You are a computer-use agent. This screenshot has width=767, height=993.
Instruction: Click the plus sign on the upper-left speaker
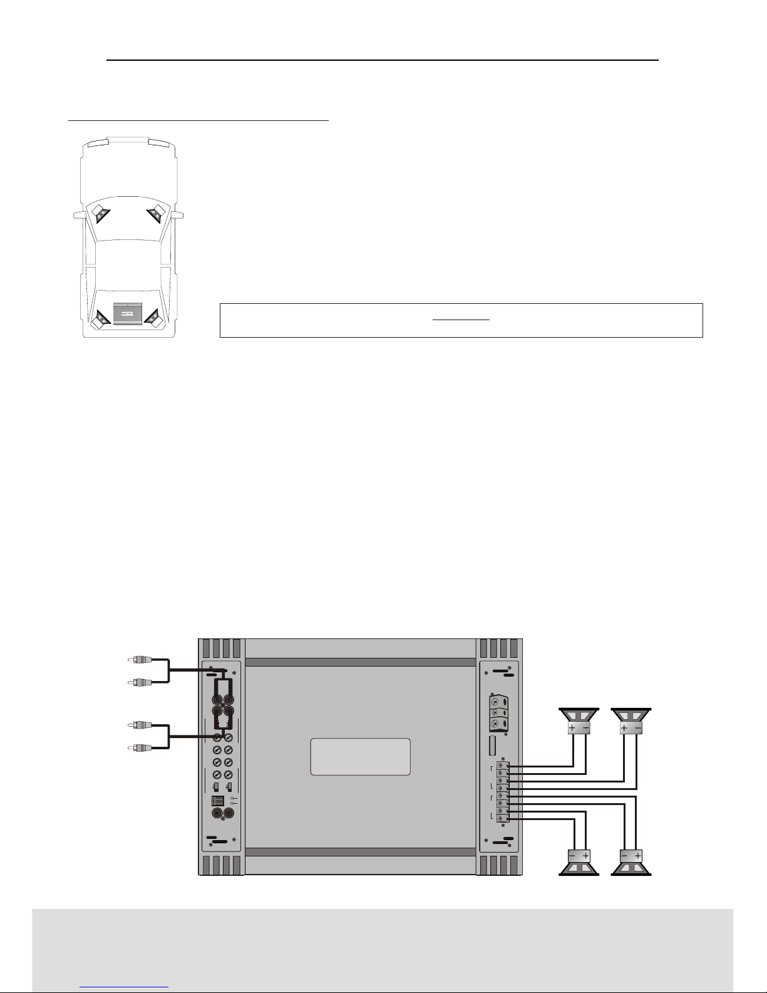pyautogui.click(x=572, y=727)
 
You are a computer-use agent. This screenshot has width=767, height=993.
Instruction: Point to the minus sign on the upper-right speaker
pyautogui.click(x=638, y=727)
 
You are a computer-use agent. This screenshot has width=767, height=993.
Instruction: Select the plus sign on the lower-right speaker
pyautogui.click(x=638, y=855)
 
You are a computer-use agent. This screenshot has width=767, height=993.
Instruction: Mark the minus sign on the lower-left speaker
pyautogui.click(x=572, y=855)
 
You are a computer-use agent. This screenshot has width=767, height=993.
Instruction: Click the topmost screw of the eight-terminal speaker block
pyautogui.click(x=502, y=766)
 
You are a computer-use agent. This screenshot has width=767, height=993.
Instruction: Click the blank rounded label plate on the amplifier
pyautogui.click(x=360, y=756)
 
